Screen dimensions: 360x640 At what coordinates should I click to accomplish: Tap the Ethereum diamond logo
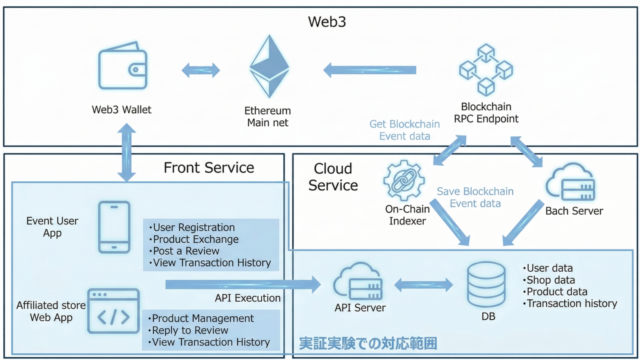(269, 67)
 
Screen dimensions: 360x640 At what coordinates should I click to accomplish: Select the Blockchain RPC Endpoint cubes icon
(486, 70)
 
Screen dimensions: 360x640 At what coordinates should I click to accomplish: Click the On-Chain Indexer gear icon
(403, 181)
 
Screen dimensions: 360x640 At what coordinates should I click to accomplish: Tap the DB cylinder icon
(486, 285)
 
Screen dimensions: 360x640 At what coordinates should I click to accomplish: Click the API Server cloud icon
(358, 282)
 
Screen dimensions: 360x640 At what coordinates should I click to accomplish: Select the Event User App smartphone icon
(114, 227)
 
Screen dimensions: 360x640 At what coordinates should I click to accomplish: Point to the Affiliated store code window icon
(113, 311)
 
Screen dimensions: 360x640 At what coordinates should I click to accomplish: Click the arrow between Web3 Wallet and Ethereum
(201, 70)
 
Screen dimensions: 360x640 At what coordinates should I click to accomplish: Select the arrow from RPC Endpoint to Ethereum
(370, 70)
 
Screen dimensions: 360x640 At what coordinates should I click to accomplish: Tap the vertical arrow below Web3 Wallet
(127, 152)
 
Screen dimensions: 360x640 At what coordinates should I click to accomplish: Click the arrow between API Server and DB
(423, 285)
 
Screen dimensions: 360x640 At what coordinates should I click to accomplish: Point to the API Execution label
(247, 298)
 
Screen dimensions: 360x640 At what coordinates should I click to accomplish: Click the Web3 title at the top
(327, 22)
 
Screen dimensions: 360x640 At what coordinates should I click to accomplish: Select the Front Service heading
(209, 167)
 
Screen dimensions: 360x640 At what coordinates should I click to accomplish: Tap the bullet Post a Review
(186, 251)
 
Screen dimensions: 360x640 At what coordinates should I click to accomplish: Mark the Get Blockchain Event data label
(405, 130)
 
